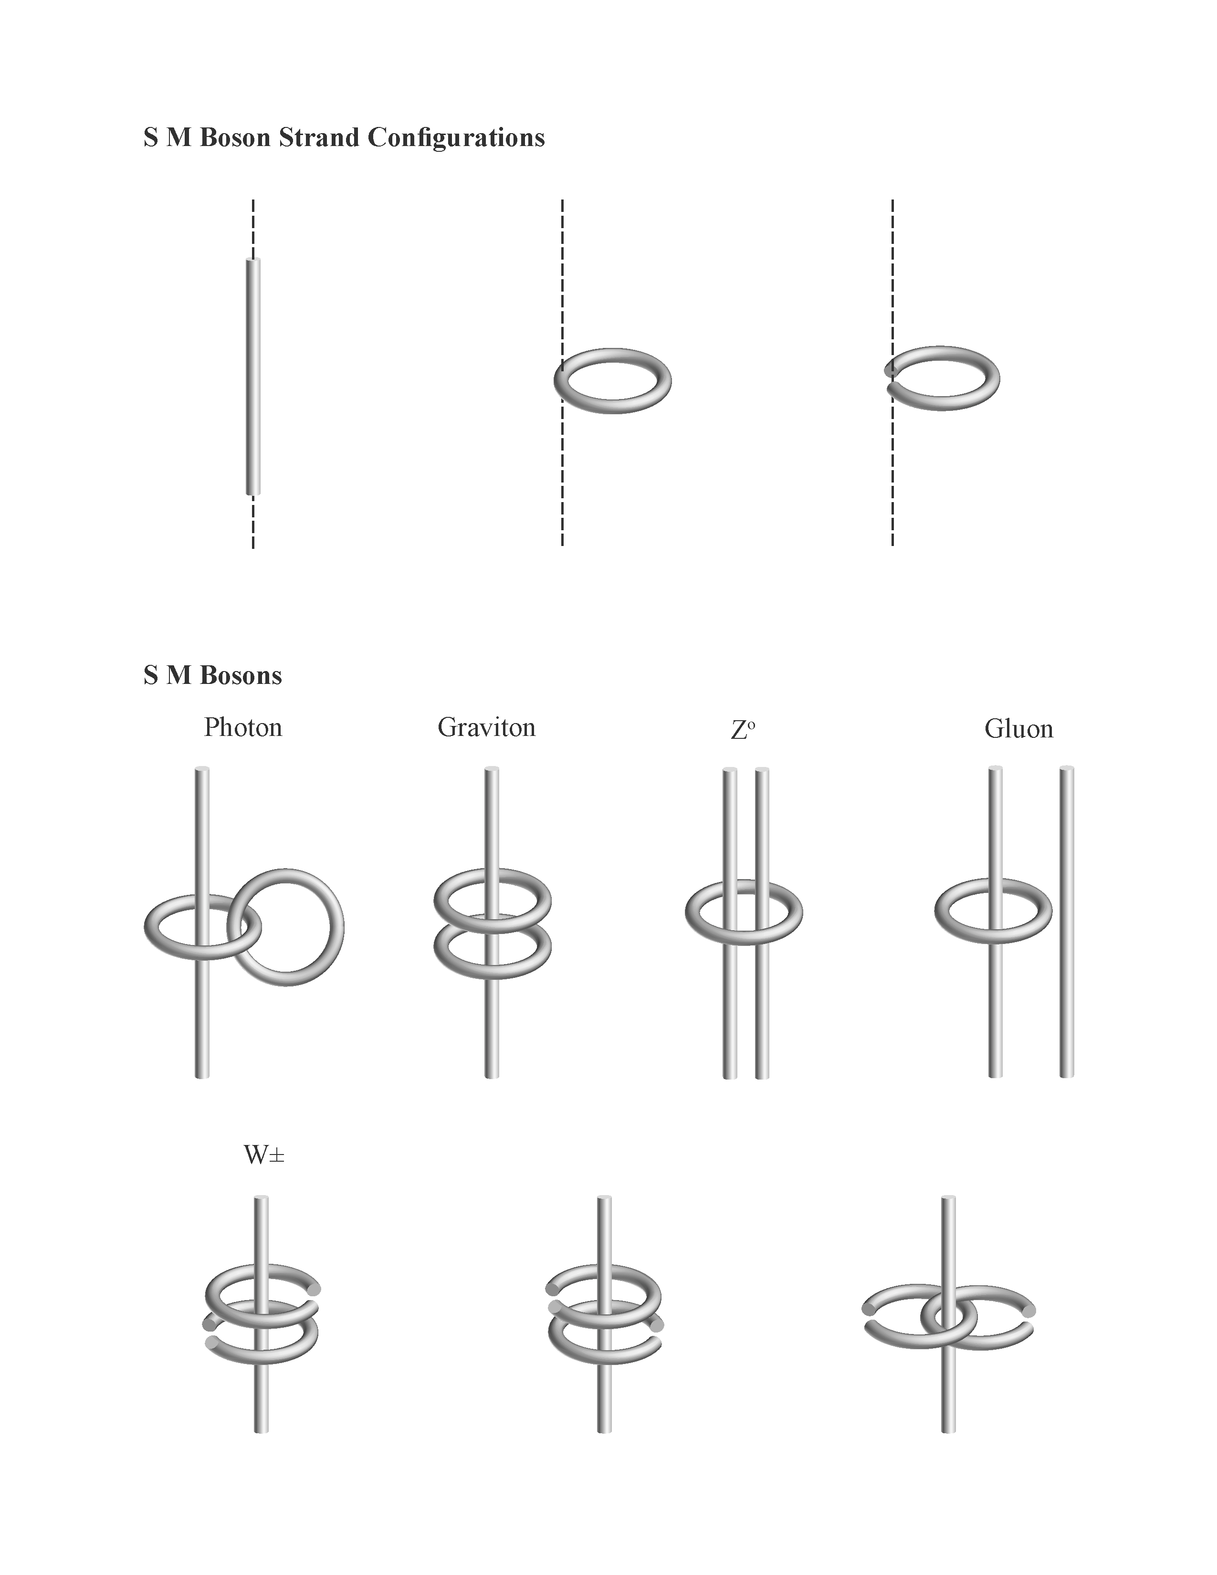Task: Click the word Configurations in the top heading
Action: coord(456,138)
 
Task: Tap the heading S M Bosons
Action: coord(213,675)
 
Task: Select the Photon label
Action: coord(243,727)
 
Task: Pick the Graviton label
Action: coord(487,727)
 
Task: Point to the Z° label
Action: coord(743,730)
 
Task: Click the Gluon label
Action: coord(1019,728)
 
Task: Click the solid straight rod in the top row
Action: coord(253,377)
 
